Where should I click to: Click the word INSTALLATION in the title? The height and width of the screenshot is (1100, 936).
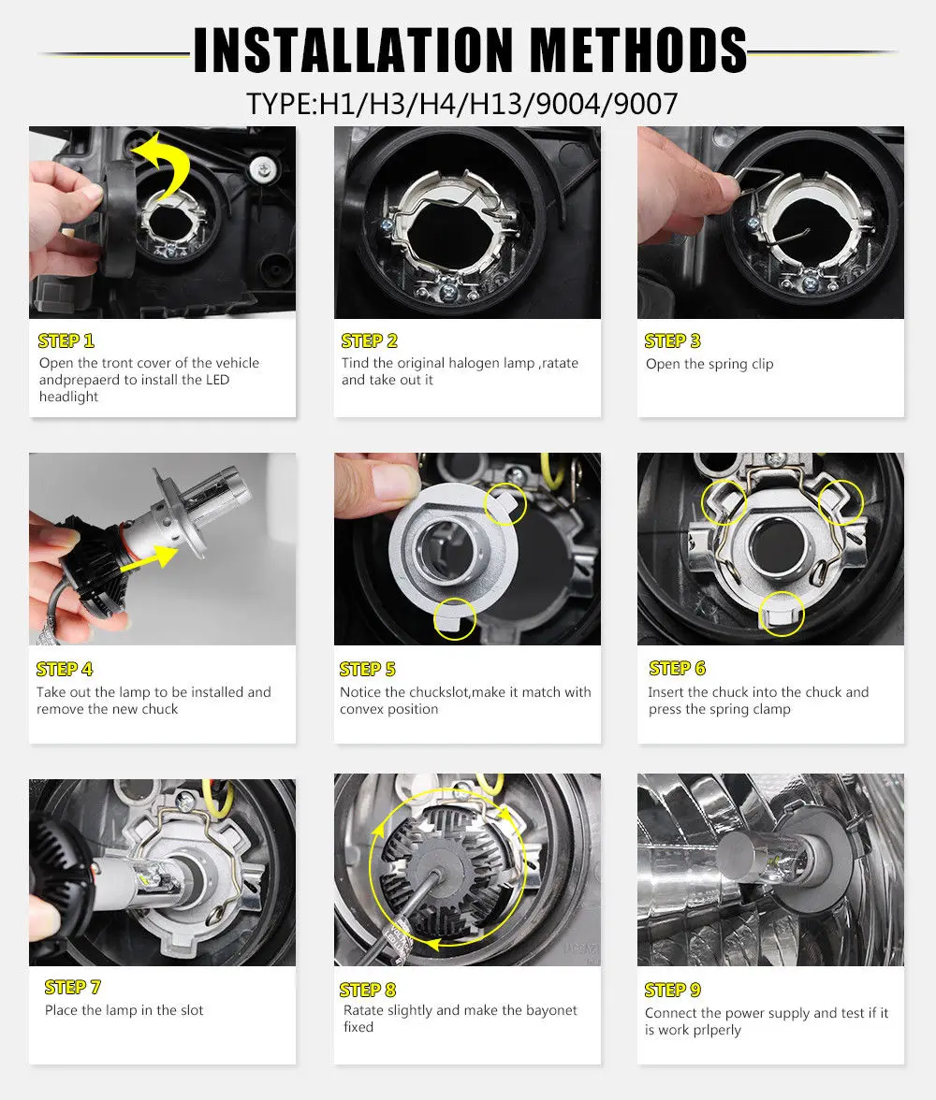354,50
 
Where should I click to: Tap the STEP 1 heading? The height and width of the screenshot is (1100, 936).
66,340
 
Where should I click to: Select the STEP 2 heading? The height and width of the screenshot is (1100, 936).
370,340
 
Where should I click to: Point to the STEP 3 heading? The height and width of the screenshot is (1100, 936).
673,340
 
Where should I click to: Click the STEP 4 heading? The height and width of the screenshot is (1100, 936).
65,670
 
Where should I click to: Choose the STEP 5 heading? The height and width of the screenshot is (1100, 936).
368,670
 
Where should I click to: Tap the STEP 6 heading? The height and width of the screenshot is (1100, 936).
678,668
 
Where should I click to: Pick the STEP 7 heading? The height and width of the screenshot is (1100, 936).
73,988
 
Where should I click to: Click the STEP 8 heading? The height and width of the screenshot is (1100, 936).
368,990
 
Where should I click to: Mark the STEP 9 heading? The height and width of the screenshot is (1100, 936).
673,990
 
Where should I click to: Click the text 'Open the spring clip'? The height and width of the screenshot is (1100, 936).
709,364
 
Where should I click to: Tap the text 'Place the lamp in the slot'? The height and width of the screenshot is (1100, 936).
124,1010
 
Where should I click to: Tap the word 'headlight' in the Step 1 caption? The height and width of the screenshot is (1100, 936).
69,397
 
